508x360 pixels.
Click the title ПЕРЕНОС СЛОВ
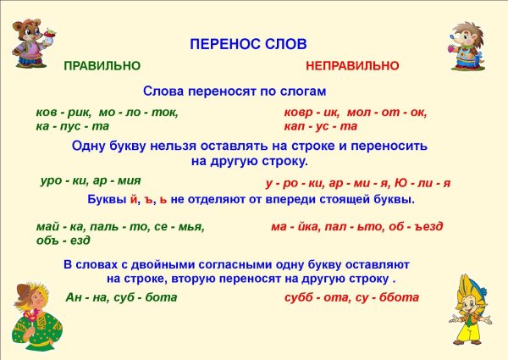(x=248, y=43)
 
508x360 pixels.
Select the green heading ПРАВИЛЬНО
(x=102, y=66)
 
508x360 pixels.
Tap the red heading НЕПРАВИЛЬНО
(x=352, y=66)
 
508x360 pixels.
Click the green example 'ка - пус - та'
(x=74, y=126)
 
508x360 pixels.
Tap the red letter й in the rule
(x=134, y=201)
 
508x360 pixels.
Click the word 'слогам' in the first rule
(x=301, y=91)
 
